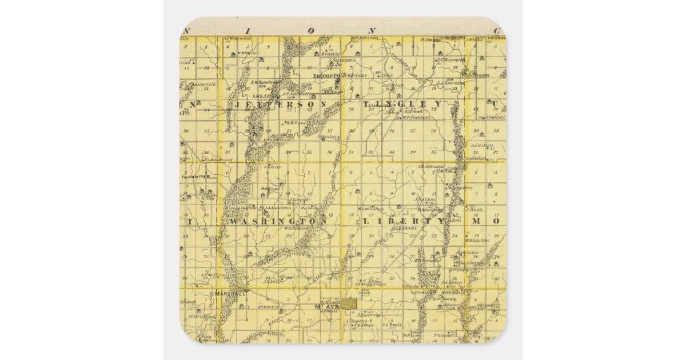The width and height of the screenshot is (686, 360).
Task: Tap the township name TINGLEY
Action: pos(402,104)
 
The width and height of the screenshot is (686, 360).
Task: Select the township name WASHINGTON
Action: pos(278,221)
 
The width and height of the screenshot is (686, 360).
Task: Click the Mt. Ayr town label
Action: pos(324,307)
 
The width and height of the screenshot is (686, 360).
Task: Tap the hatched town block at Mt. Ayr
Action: pos(349,303)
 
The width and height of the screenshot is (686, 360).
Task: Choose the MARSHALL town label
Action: pos(231,293)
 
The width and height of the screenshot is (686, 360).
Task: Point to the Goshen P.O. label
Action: pos(194,177)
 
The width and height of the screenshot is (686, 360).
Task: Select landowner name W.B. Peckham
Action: pos(416,118)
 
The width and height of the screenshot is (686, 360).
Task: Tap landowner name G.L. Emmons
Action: pos(451,82)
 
